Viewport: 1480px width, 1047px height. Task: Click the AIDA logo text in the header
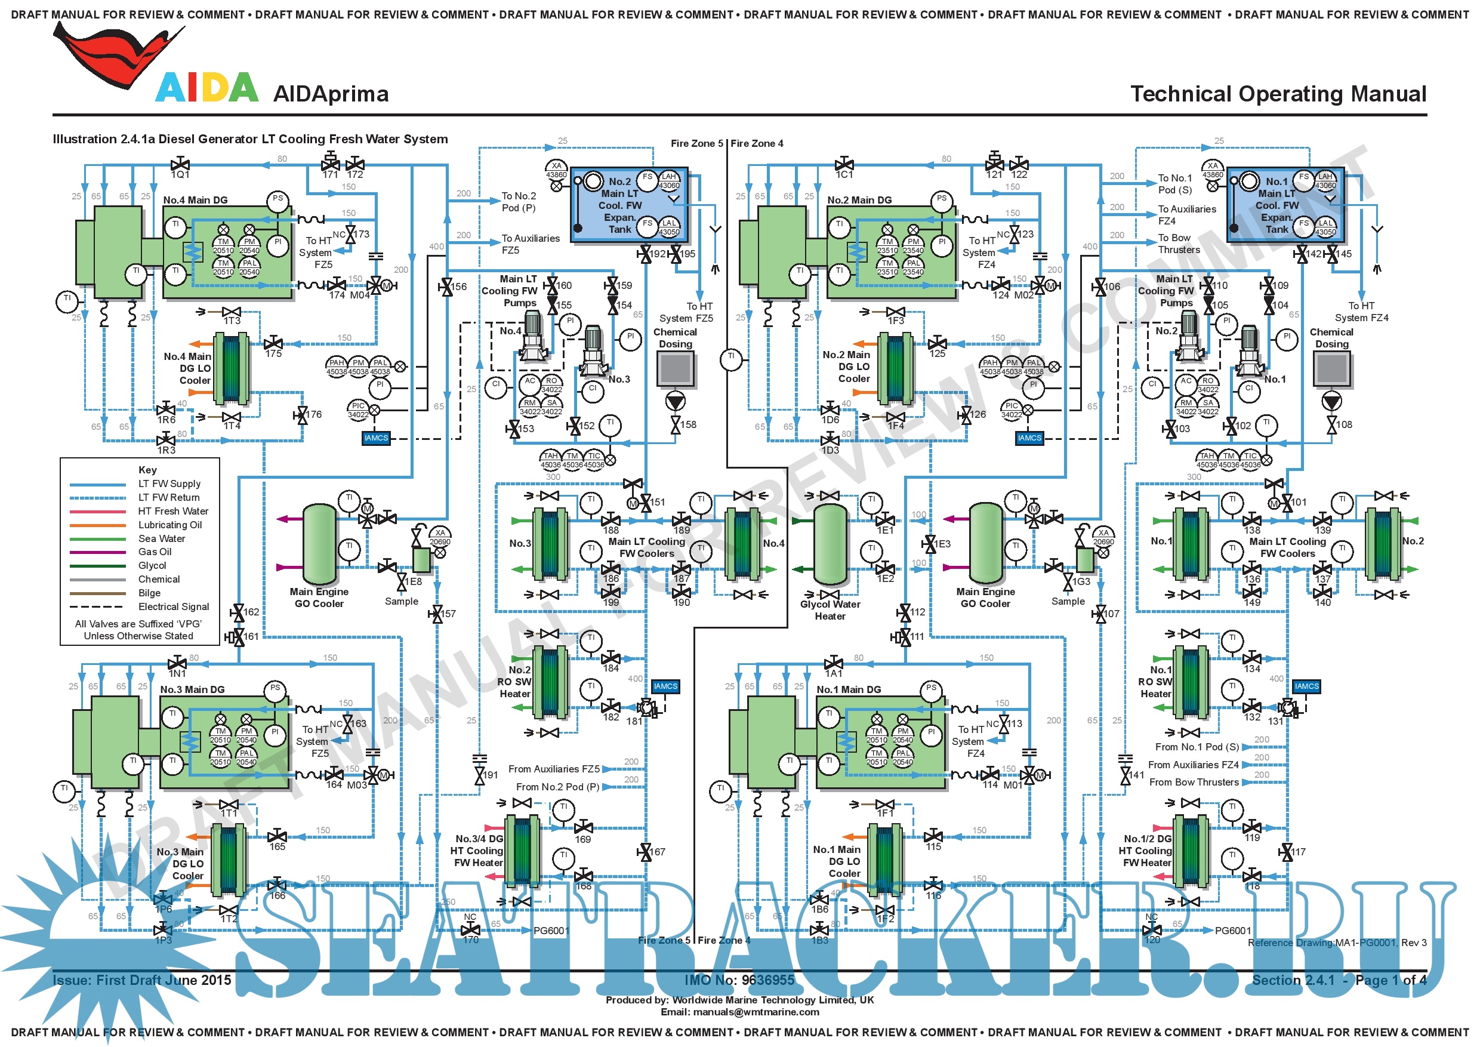(206, 88)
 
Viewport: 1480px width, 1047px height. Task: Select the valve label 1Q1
(180, 175)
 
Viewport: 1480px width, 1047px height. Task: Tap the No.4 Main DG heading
(195, 201)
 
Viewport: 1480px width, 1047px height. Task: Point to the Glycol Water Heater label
(830, 611)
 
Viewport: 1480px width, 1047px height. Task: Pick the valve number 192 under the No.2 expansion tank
(658, 254)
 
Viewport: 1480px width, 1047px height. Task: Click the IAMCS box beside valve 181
(665, 686)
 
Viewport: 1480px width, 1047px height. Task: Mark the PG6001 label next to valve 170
(551, 931)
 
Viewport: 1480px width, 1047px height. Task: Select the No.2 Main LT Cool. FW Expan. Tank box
(628, 205)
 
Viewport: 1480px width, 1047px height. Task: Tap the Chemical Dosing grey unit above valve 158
(675, 369)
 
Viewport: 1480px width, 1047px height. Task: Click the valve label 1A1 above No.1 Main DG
(834, 674)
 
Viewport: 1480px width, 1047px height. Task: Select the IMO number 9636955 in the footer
(739, 981)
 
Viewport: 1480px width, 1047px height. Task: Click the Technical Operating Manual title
(1278, 94)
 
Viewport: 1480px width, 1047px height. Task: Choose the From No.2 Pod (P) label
(557, 787)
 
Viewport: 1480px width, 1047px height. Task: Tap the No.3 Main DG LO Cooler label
(180, 864)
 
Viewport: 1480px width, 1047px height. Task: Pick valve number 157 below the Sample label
(449, 614)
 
